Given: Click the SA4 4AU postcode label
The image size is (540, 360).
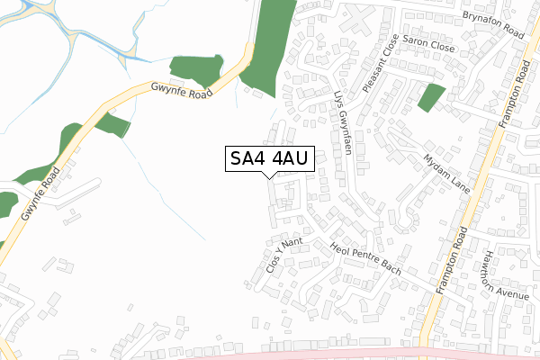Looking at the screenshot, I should [270, 159].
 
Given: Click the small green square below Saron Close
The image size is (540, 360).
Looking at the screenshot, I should [431, 97].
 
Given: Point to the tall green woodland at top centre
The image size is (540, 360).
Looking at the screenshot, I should [271, 40].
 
